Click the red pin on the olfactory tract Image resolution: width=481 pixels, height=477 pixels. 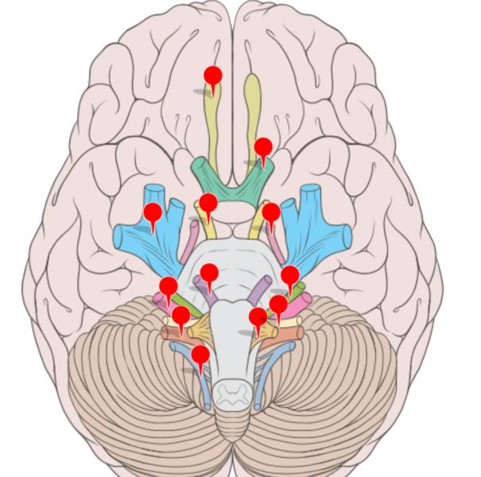click(x=212, y=77)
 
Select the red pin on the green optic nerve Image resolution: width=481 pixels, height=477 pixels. click(x=262, y=148)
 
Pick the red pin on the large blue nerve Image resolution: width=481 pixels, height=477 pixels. click(x=152, y=213)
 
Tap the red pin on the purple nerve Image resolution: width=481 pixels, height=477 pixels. click(x=209, y=274)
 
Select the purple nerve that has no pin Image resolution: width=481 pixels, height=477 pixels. click(x=259, y=286)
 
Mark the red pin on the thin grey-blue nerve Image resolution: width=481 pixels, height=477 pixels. click(x=200, y=355)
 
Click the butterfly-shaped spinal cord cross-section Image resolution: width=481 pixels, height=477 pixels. click(x=233, y=392)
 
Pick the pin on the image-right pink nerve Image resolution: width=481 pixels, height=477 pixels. click(x=278, y=304)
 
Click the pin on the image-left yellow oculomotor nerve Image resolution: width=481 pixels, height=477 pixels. click(x=208, y=204)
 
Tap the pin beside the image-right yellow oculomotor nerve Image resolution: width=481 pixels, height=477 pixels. click(x=271, y=213)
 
